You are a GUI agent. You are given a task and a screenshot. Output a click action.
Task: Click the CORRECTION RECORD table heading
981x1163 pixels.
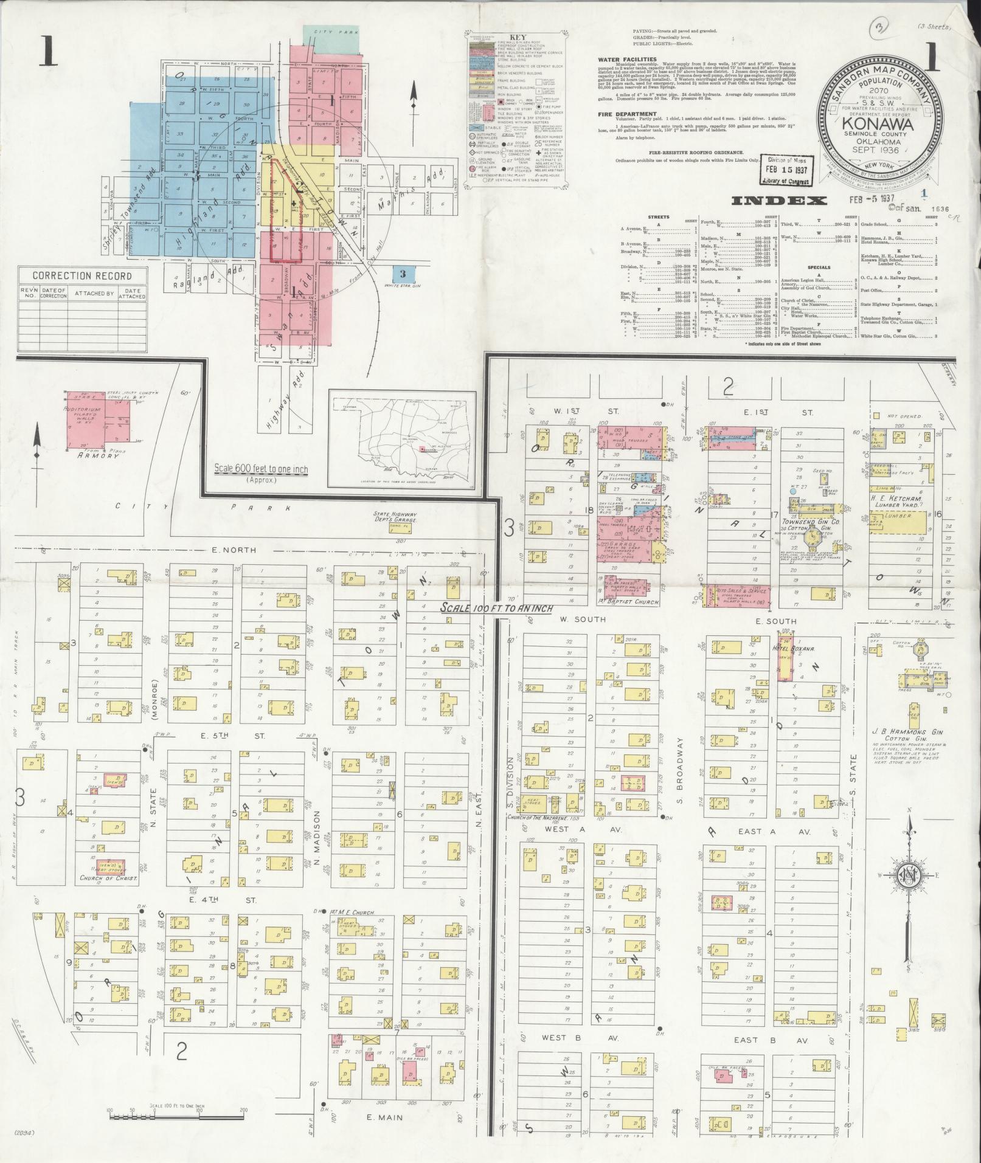tap(82, 275)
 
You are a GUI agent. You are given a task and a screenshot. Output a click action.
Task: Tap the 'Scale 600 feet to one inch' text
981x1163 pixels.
tap(260, 469)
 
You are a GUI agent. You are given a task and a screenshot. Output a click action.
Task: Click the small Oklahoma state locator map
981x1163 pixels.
tap(401, 439)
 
